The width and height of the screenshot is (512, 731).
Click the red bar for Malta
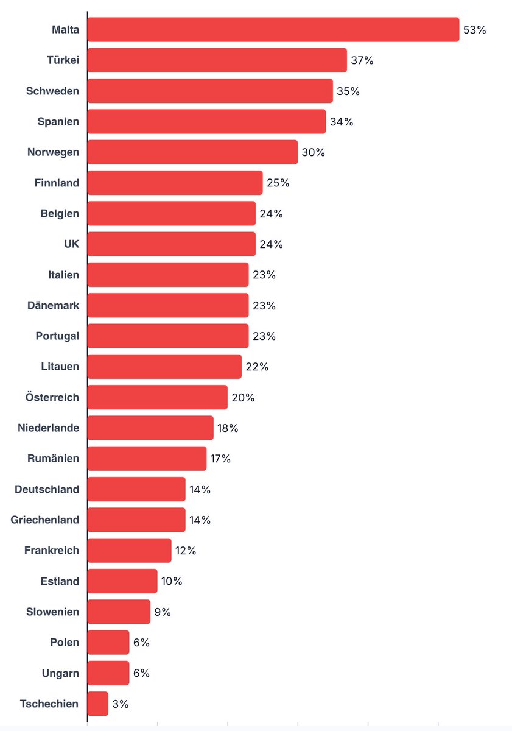click(273, 30)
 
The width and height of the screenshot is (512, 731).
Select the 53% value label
click(474, 30)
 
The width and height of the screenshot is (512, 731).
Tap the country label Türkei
click(63, 60)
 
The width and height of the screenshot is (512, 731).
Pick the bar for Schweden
click(210, 91)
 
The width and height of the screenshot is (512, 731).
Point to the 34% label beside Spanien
click(341, 122)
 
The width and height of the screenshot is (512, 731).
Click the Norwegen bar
click(192, 152)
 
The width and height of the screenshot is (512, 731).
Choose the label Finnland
click(56, 183)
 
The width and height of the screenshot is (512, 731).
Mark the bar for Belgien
click(171, 214)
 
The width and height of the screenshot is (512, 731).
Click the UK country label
click(71, 244)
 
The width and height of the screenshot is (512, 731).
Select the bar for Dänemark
click(167, 305)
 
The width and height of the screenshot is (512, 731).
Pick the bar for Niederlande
click(150, 428)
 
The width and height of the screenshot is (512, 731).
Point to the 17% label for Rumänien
click(220, 459)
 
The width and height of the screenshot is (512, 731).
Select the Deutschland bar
click(136, 489)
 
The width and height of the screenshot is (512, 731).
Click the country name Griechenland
click(45, 520)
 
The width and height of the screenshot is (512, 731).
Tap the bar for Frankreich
click(129, 551)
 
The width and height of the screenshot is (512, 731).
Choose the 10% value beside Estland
click(172, 581)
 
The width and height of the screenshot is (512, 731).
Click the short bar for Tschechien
click(97, 704)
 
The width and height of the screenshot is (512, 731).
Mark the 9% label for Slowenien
click(163, 612)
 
